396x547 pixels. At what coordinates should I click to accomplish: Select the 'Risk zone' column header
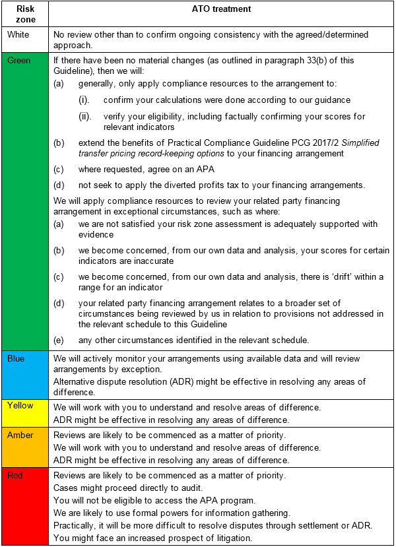click(25, 15)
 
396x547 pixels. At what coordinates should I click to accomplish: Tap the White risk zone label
click(18, 34)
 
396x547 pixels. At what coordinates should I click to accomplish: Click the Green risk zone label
click(18, 60)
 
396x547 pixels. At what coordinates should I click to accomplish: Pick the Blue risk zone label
click(16, 358)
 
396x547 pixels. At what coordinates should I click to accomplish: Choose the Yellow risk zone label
click(20, 406)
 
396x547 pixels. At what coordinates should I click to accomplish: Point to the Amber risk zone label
click(20, 435)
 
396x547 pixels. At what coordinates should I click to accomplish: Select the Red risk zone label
click(15, 475)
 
